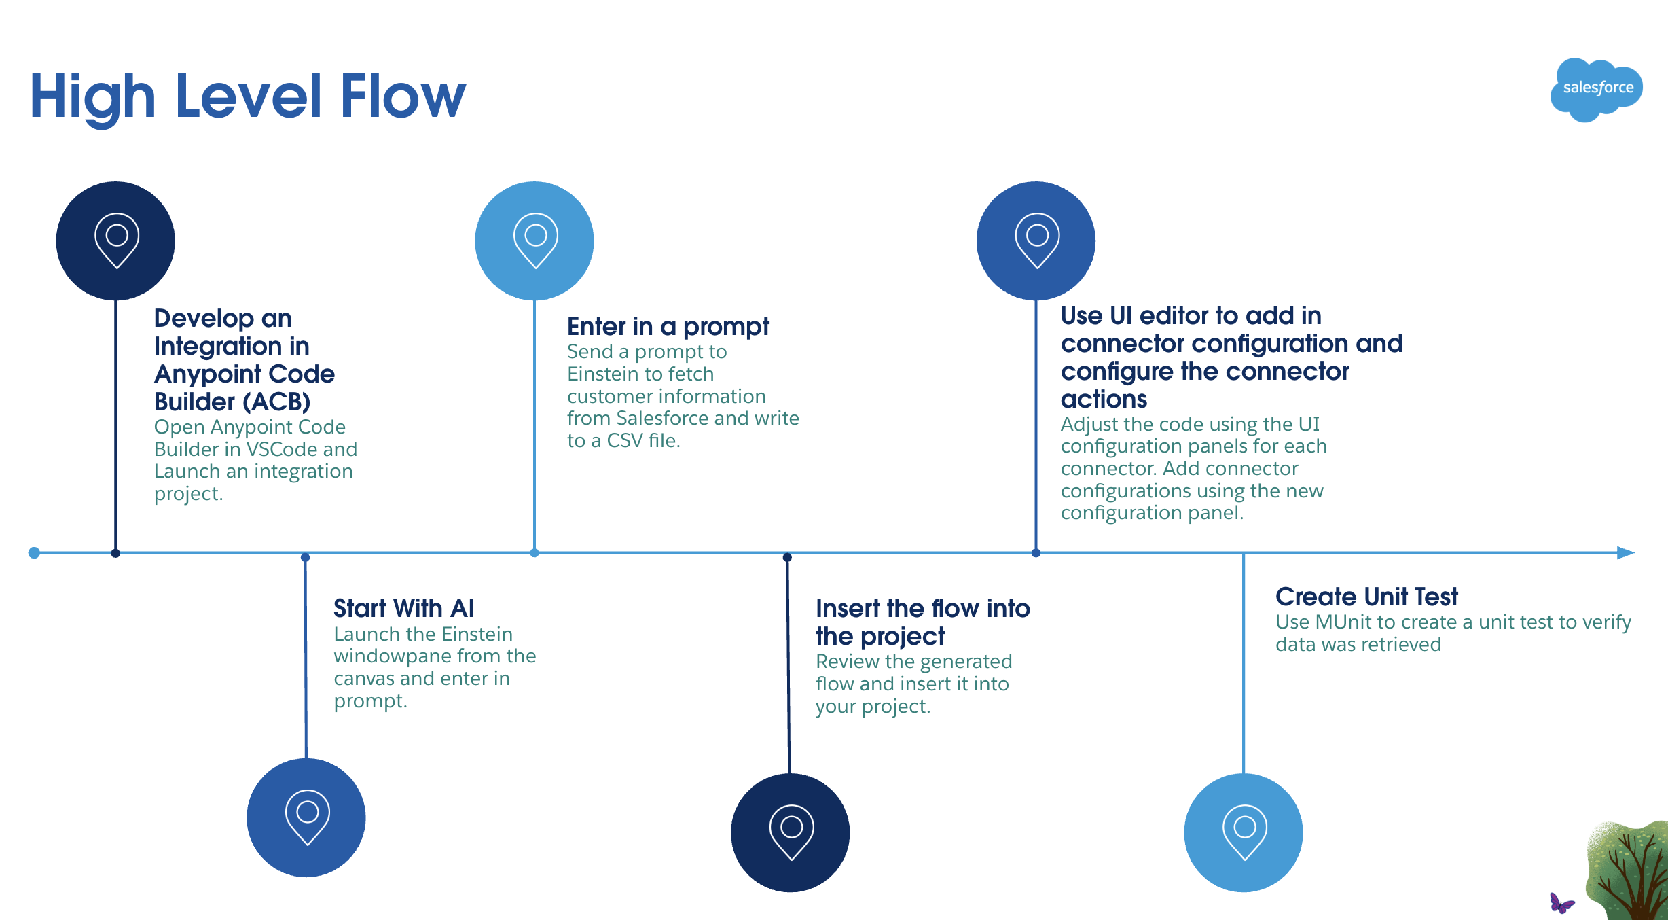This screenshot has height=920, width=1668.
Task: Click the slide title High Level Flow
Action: pos(248,96)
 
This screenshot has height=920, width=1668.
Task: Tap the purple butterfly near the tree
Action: pos(1561,903)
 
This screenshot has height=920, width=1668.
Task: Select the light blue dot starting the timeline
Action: pos(34,552)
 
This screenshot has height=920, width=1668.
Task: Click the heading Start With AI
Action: pos(403,608)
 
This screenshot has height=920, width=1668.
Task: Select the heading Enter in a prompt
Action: pos(668,327)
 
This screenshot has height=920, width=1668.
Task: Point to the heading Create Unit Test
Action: pos(1366,597)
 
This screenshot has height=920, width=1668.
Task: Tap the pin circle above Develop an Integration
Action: pos(115,241)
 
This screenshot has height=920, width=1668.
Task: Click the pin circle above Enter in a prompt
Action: pos(534,241)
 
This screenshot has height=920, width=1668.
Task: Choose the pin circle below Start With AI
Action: pos(306,817)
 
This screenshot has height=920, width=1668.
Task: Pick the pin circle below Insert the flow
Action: pos(790,832)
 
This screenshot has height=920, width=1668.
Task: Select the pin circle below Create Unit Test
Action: pos(1244,832)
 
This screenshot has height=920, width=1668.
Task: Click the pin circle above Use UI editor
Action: pos(1036,241)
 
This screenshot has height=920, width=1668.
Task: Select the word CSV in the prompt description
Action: pos(624,441)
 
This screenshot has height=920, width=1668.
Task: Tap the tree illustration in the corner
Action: pos(1630,873)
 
